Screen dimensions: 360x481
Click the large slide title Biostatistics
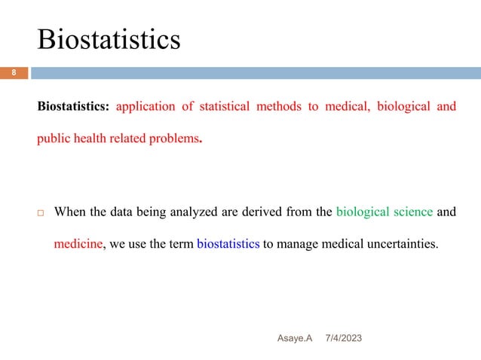[x=109, y=39]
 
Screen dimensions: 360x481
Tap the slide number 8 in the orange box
[x=13, y=74]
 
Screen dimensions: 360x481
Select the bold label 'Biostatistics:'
[x=74, y=106]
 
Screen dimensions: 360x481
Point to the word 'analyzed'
[x=194, y=212]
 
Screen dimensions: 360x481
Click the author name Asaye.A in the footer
[x=293, y=340]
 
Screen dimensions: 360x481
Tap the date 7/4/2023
[x=343, y=340]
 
